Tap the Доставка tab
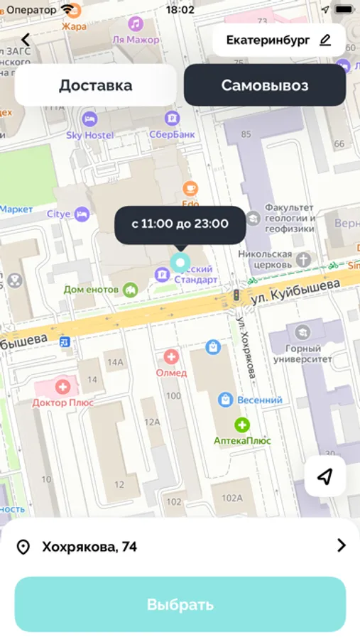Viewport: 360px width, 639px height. [x=95, y=86]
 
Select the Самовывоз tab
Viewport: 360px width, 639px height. [x=264, y=86]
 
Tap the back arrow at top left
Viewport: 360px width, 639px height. [x=26, y=40]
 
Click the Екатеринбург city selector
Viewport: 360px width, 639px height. [x=278, y=40]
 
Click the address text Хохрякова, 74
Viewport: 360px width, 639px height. [x=89, y=547]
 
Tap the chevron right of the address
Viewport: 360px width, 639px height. [x=341, y=545]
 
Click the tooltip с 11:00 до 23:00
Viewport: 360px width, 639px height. [x=180, y=224]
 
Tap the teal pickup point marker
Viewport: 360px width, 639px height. [x=180, y=261]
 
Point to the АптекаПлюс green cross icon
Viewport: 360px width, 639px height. [x=242, y=425]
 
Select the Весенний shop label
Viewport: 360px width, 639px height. [x=259, y=400]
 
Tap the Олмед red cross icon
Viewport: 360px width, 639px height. [x=171, y=357]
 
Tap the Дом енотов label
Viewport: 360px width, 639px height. [x=92, y=290]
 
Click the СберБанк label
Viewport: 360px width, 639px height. [x=171, y=135]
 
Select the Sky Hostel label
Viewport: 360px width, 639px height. [x=89, y=135]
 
